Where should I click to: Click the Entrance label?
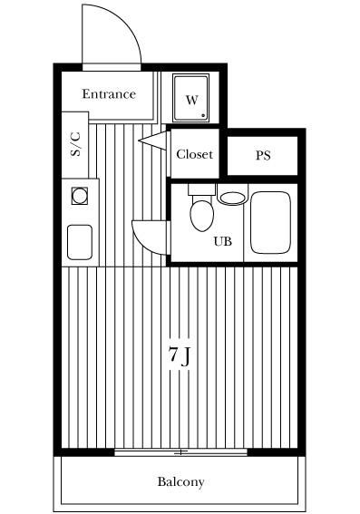coord(109,94)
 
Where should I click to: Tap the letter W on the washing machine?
coord(192,100)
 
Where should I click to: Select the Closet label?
coord(195,154)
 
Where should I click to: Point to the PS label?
coord(263,155)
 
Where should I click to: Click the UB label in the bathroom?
coord(223,242)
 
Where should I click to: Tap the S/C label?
coord(75,144)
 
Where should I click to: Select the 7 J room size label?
coord(179,356)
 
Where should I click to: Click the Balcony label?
coord(180,482)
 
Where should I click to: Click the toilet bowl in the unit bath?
coord(201,216)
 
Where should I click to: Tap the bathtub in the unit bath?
coord(270,223)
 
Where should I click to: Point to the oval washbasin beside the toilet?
coord(232,198)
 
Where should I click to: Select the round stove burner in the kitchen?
coord(80,196)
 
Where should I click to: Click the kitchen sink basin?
coord(80,242)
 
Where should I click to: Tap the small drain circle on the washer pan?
coord(203,115)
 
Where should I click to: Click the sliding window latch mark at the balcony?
coord(180,452)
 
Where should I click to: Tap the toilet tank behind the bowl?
coord(201,189)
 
